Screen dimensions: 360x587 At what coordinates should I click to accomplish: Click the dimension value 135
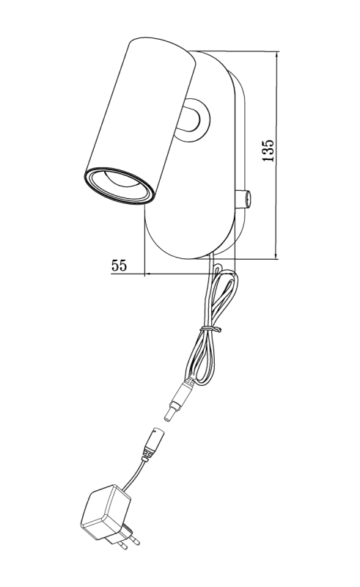tap(268, 150)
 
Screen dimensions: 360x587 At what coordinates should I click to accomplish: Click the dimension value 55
tap(119, 265)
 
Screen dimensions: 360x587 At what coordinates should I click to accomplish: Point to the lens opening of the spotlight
tap(119, 186)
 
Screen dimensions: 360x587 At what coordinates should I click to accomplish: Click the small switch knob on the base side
tap(243, 198)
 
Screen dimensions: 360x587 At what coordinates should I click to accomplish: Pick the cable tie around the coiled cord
tap(210, 329)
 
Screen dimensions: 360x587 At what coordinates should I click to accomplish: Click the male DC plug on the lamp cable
tap(178, 398)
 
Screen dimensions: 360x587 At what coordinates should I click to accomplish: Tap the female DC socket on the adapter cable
tap(153, 443)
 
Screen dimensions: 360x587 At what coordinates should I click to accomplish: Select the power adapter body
tap(106, 511)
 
